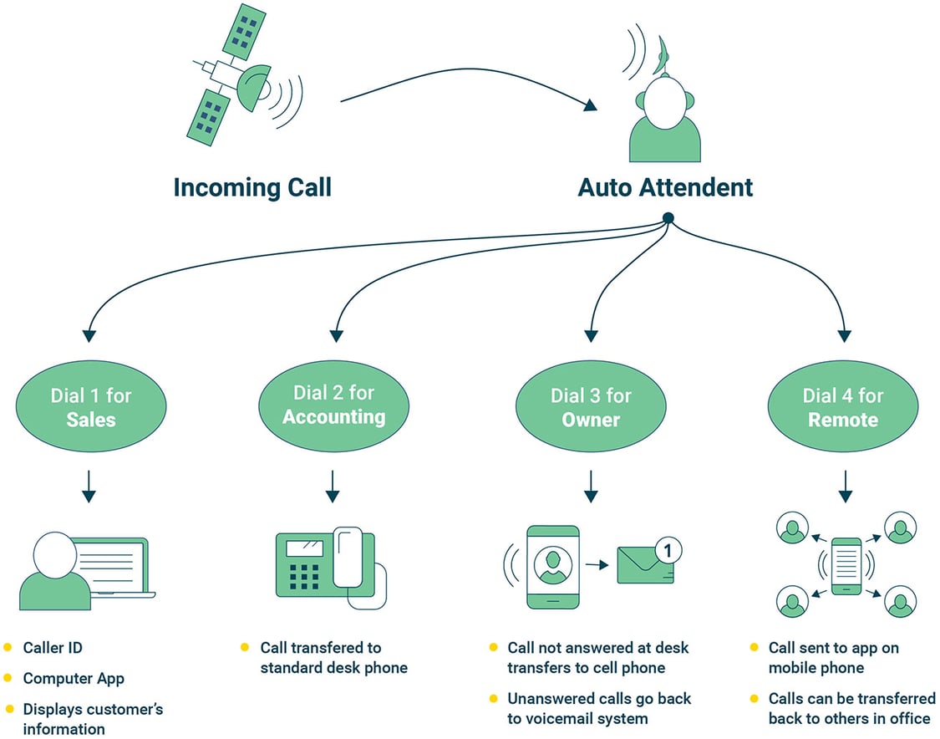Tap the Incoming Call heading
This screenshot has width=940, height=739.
click(252, 186)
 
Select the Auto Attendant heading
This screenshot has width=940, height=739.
click(665, 186)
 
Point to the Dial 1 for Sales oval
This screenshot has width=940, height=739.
click(90, 407)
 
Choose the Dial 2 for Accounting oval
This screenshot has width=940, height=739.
click(333, 405)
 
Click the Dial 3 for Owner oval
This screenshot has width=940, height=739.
click(591, 407)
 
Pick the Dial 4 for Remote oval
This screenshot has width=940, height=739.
click(842, 407)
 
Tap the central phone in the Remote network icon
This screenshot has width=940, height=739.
click(846, 566)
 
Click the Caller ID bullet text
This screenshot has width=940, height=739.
click(53, 648)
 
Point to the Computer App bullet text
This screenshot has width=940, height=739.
click(74, 679)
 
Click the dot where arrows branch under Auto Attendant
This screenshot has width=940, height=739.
click(668, 218)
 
